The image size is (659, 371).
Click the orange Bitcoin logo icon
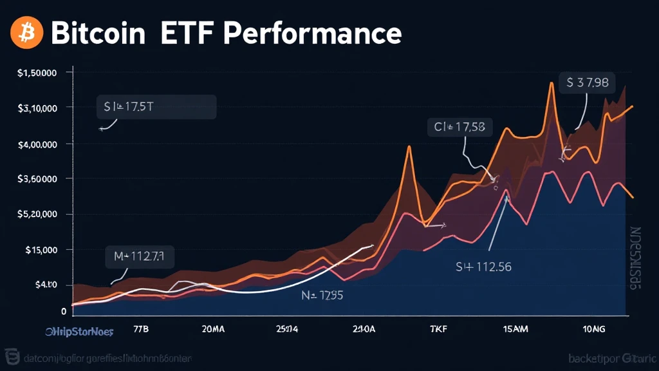coord(27,33)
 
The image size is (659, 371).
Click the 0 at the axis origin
coord(64,311)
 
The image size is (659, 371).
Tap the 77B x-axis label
coord(140,329)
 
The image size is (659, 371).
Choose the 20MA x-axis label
coord(213,329)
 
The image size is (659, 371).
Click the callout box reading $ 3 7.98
coord(587,83)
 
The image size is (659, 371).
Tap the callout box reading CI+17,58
coord(459,128)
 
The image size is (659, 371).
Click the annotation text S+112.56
coord(483,267)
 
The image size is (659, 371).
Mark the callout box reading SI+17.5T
coord(156,107)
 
